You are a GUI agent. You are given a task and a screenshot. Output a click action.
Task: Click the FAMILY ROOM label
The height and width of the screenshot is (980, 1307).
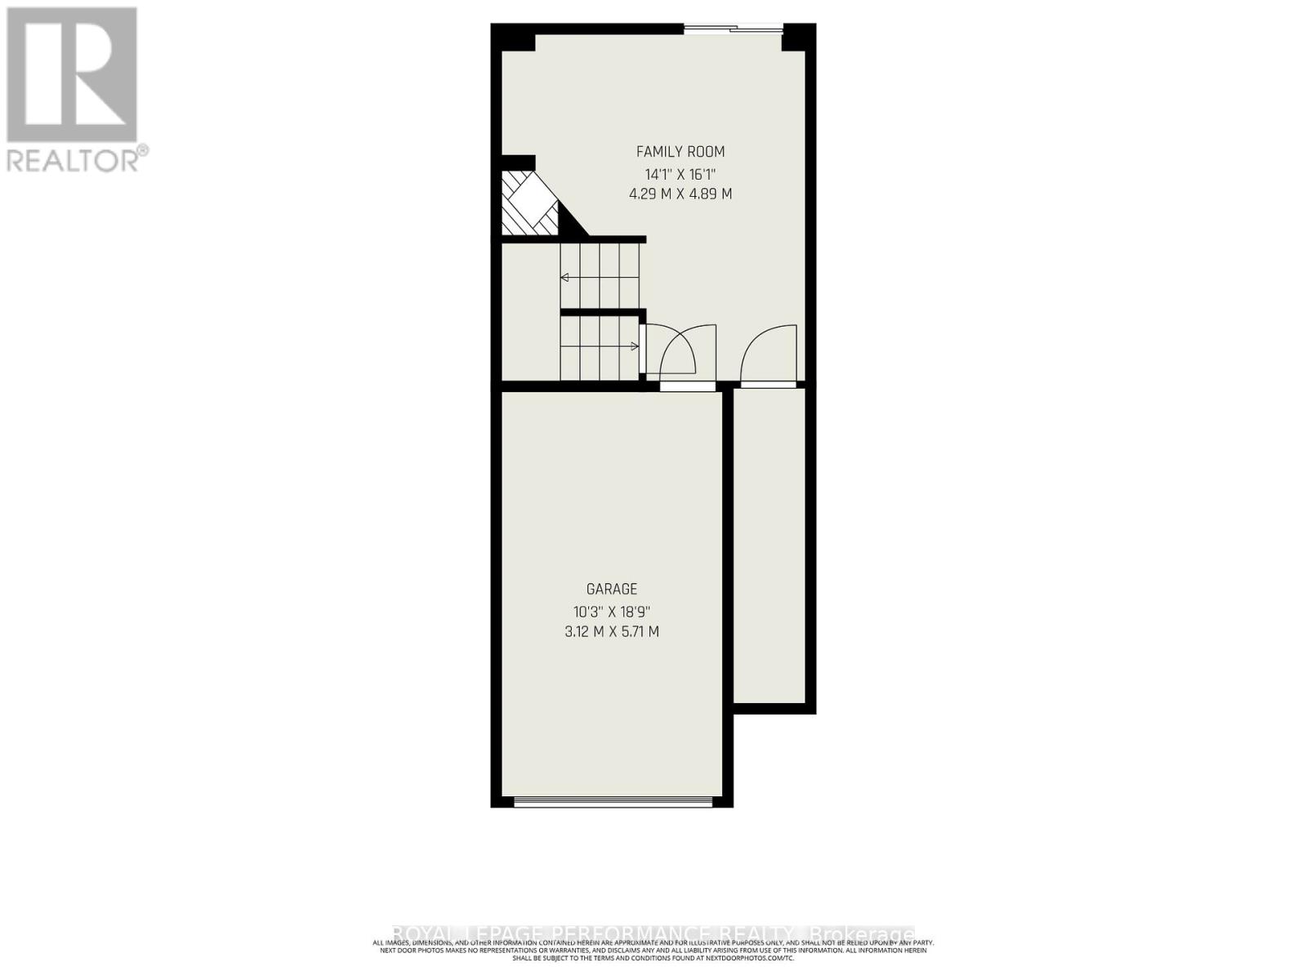click(x=680, y=152)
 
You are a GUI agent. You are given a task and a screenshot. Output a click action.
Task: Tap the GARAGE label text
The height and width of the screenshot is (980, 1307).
click(x=612, y=589)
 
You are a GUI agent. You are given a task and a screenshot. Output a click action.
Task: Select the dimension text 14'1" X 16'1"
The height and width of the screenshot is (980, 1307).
click(x=680, y=174)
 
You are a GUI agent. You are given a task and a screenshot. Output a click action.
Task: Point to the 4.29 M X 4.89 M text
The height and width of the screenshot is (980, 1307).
click(x=680, y=194)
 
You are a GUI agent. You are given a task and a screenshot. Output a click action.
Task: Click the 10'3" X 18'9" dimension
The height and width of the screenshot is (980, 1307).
click(x=612, y=611)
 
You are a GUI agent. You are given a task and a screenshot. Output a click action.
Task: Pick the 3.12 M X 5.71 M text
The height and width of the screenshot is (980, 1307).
click(x=612, y=631)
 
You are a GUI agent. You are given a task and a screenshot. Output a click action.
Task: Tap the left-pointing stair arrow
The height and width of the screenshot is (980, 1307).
click(x=564, y=278)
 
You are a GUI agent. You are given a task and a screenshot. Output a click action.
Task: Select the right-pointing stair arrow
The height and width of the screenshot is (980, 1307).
click(x=634, y=345)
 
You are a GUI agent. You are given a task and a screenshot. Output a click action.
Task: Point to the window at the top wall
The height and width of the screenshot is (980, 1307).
click(x=733, y=30)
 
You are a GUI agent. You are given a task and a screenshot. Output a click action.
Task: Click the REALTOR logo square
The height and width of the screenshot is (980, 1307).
click(x=72, y=75)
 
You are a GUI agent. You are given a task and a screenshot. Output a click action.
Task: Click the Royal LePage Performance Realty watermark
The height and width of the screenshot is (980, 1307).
click(x=653, y=933)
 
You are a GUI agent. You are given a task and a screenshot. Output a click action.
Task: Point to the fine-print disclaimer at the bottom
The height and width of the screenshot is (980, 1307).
click(x=653, y=950)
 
